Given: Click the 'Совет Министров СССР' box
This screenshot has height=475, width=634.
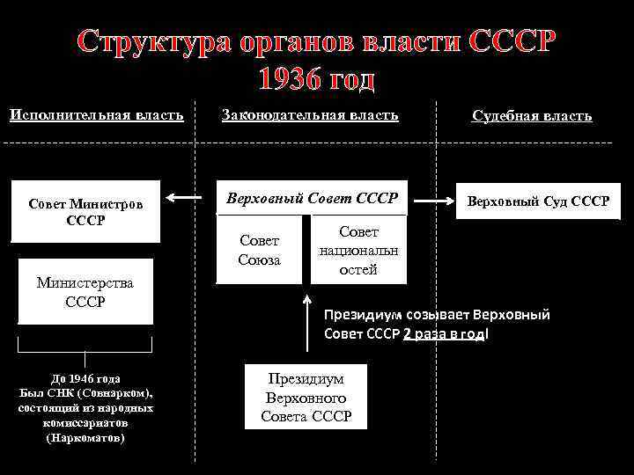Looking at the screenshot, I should [x=85, y=211].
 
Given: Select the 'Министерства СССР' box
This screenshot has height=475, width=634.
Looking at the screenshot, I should [x=85, y=291].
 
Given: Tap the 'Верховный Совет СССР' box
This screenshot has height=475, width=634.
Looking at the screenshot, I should [x=313, y=198].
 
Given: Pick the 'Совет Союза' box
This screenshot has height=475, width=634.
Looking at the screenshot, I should [x=258, y=250].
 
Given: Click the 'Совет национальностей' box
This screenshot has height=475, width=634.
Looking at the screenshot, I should [x=358, y=250].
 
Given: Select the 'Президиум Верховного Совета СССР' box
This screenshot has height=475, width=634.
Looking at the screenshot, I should [x=306, y=397].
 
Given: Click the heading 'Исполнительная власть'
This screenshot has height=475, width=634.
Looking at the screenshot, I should [x=97, y=114].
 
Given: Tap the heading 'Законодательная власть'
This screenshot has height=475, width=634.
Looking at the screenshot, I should [x=310, y=114].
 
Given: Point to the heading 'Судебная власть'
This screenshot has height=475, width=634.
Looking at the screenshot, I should [x=532, y=115].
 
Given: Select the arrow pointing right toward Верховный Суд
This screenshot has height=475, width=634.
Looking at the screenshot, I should [x=432, y=201].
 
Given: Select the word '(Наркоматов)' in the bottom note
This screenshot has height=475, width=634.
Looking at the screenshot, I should [x=85, y=437].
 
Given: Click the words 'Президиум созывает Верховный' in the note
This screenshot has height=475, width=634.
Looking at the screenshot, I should [x=437, y=314].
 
